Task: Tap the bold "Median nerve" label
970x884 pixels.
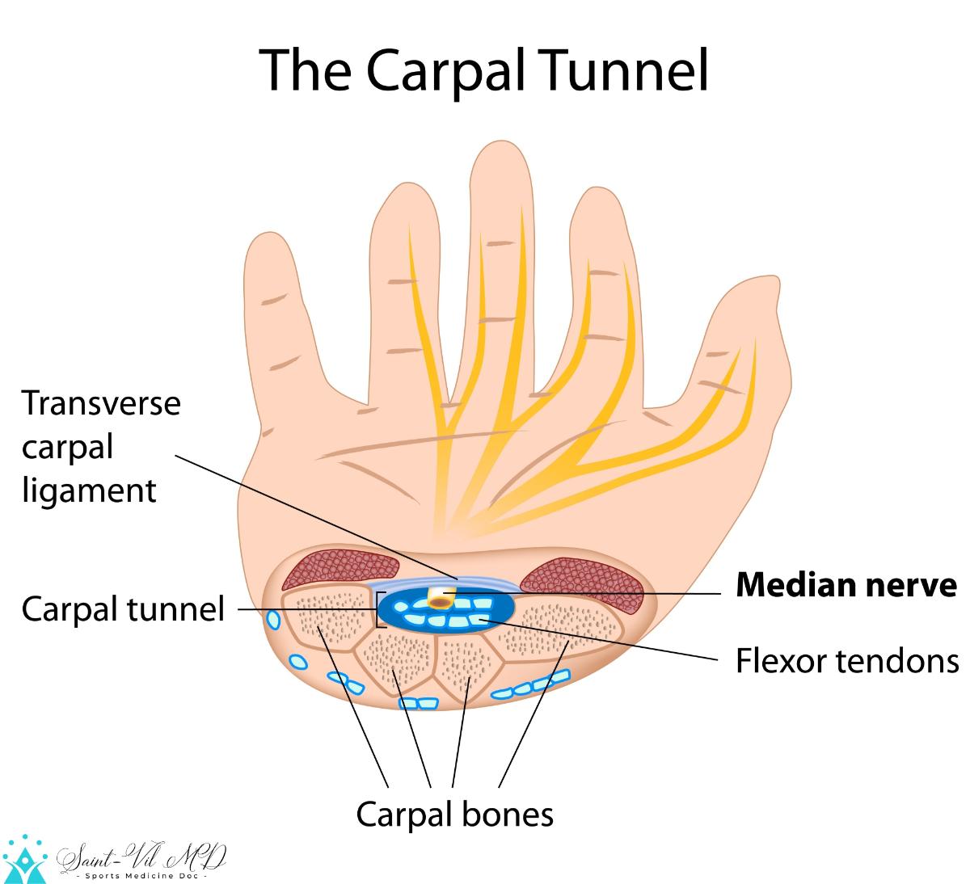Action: pyautogui.click(x=846, y=584)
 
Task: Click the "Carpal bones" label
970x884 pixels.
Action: pyautogui.click(x=455, y=815)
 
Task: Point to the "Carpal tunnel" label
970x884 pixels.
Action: pyautogui.click(x=123, y=608)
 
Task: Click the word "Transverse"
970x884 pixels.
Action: pyautogui.click(x=101, y=402)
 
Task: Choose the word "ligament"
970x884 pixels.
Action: pyautogui.click(x=88, y=490)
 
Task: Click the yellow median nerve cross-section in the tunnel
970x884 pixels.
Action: pyautogui.click(x=441, y=598)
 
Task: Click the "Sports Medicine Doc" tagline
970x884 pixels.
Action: pyautogui.click(x=143, y=876)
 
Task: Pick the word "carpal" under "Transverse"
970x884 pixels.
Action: pyautogui.click(x=67, y=446)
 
